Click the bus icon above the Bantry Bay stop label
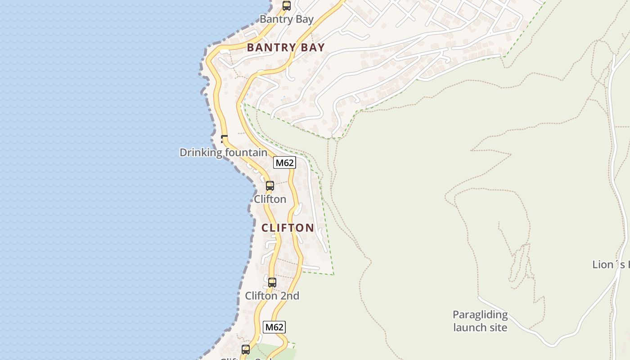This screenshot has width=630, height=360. coord(286,6)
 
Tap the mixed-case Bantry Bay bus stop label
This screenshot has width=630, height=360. coord(287,19)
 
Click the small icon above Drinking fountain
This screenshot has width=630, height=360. coord(224,139)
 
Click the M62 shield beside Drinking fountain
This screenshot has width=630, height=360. coord(284,162)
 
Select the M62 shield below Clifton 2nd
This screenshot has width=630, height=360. coord(274,327)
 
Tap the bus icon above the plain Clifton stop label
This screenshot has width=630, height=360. coord(270,185)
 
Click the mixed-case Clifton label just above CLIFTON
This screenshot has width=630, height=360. coord(270,199)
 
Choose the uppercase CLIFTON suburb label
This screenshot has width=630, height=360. coord(288,228)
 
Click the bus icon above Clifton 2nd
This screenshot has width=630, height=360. coord(272,283)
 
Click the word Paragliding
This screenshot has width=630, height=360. coord(480,315)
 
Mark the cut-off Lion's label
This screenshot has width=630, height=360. coord(611,265)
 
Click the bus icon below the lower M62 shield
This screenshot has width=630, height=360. coord(246,349)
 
